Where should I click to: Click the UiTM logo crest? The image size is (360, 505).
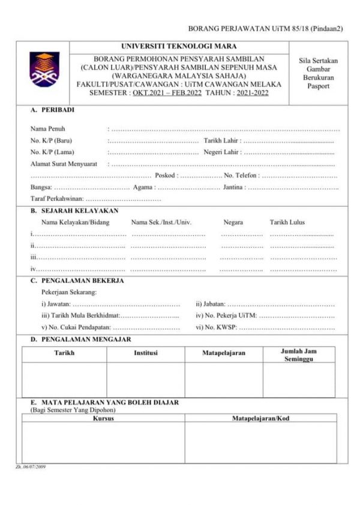coord(44,70)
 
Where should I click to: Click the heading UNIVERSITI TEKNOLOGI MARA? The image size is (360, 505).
coord(179,46)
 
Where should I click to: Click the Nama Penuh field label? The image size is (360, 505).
coord(48,128)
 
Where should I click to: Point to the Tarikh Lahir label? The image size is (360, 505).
coord(222,140)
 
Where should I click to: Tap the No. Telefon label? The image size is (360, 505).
coord(241,176)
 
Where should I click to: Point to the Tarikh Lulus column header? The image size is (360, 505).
coord(287,222)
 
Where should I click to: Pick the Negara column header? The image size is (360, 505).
coord(233,222)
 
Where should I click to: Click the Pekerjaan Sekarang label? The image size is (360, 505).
coord(69,291)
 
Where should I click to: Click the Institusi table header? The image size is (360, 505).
coord(145,353)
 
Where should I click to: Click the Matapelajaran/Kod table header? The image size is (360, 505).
coord(260,418)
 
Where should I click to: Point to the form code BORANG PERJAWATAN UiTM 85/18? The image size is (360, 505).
coord(265,28)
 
